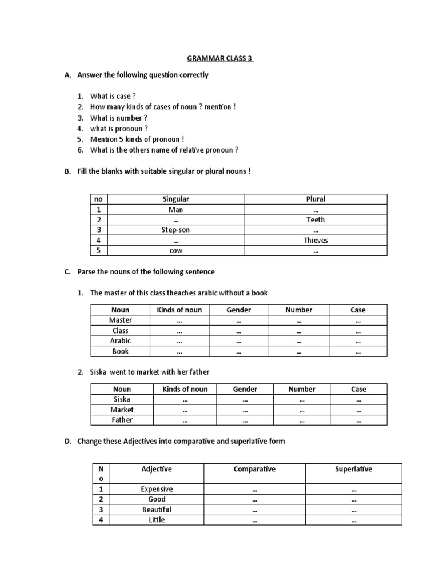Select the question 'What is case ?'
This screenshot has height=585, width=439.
tap(113, 97)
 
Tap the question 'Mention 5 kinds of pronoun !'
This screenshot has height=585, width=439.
tap(137, 139)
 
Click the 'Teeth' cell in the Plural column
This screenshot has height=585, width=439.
tap(316, 219)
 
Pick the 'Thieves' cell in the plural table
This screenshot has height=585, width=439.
tap(316, 241)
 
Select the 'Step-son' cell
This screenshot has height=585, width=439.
tap(175, 230)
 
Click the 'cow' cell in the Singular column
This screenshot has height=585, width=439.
tap(175, 251)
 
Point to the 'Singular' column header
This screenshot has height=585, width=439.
tap(175, 199)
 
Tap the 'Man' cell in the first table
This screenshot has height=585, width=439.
tap(175, 209)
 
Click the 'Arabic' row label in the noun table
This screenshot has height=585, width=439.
tap(121, 341)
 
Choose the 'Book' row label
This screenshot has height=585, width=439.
tap(121, 351)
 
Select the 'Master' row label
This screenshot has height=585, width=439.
tap(121, 320)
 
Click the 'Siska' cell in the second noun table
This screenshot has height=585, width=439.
tap(122, 399)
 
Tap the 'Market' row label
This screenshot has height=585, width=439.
tap(122, 410)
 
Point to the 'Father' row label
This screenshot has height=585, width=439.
tap(122, 420)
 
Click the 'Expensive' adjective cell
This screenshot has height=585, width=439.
tap(157, 489)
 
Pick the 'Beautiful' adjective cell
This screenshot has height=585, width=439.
tap(157, 510)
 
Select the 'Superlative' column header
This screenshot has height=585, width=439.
tap(353, 469)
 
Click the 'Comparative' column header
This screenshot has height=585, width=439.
tap(254, 469)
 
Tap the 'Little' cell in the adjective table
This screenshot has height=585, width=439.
tap(157, 520)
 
